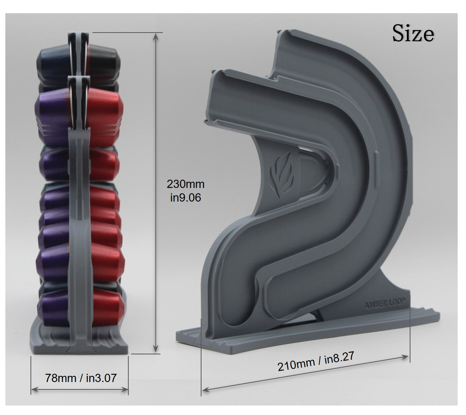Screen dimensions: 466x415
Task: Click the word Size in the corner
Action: click(x=413, y=33)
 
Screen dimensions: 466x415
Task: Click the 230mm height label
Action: click(x=185, y=184)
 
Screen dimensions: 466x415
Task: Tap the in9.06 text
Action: click(x=185, y=197)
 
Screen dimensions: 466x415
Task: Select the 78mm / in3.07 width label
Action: click(x=81, y=378)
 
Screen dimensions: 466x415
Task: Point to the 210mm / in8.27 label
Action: click(x=316, y=361)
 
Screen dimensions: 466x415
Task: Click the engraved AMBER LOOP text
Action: click(x=385, y=304)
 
